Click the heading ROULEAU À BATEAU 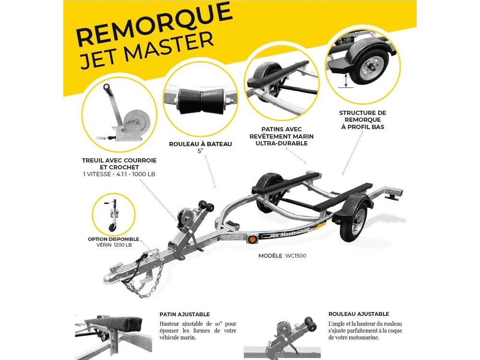tap(200, 144)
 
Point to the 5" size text tap(200, 151)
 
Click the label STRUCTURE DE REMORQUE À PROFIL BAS tap(362, 120)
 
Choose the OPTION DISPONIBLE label tap(113, 239)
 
